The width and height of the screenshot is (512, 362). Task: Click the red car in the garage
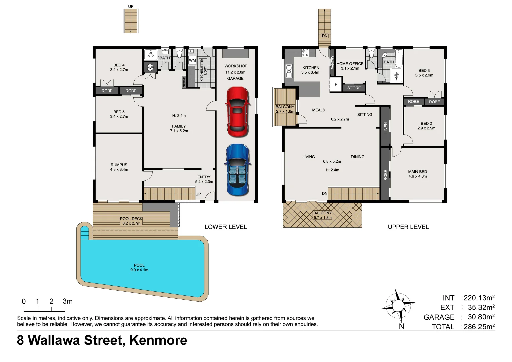click(237, 112)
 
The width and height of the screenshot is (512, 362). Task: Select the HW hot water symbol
click(150, 68)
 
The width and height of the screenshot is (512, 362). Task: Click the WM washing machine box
click(192, 61)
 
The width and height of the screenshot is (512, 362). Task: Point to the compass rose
click(398, 305)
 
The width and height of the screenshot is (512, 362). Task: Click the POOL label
click(139, 265)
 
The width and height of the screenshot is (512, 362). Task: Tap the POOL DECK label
click(131, 219)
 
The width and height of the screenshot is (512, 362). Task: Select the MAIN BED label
click(418, 172)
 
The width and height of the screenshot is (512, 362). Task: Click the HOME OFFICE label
click(350, 64)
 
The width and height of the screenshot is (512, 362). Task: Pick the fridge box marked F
click(336, 85)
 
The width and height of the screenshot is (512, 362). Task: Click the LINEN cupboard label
click(386, 128)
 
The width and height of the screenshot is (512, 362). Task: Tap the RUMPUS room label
click(119, 165)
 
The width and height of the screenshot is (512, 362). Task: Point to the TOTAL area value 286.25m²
click(479, 327)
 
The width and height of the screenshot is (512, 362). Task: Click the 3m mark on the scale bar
click(67, 301)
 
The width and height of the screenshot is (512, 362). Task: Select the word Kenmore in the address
click(158, 340)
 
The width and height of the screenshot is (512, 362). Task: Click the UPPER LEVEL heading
click(408, 227)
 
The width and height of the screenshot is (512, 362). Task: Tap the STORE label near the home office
click(354, 88)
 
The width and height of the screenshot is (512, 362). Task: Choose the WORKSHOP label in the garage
click(236, 66)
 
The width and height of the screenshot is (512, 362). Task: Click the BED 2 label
click(426, 124)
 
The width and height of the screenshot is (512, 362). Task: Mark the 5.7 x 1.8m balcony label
click(322, 218)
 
